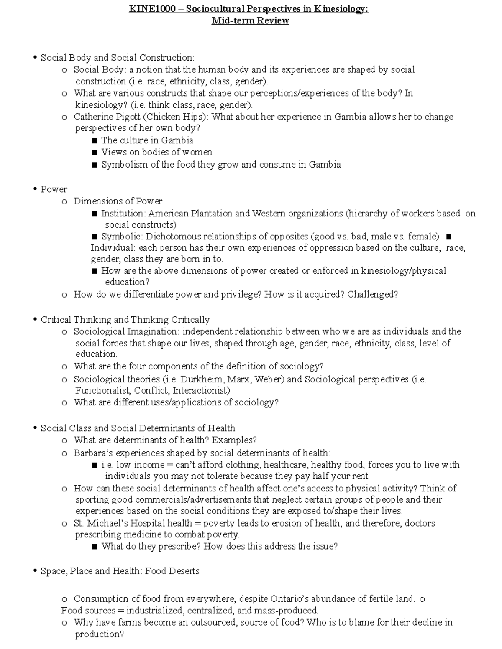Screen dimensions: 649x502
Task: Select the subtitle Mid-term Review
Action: click(250, 20)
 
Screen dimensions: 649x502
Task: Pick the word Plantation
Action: click(211, 214)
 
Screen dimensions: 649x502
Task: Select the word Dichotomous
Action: click(173, 237)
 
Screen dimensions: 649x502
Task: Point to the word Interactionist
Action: click(201, 391)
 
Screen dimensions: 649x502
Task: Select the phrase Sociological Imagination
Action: click(125, 332)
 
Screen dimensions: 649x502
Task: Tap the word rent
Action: click(360, 476)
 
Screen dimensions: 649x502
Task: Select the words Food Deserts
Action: click(172, 571)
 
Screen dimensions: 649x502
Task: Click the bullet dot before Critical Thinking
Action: click(35, 320)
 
